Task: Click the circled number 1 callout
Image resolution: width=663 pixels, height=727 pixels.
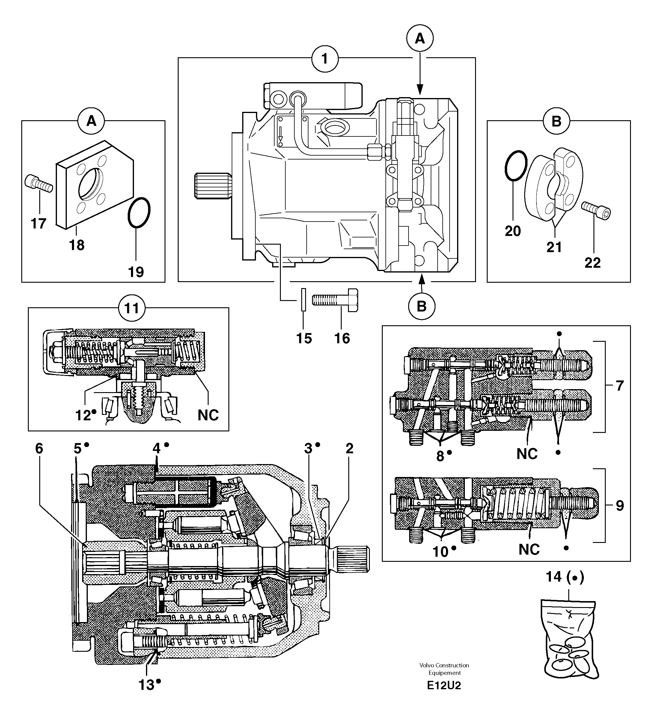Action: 325,58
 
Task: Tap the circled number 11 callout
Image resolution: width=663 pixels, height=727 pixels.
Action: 132,308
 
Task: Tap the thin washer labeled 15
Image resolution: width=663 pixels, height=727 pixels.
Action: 304,299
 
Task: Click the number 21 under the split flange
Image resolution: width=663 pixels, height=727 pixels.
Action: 554,247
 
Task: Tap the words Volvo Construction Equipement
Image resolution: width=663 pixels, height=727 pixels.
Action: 444,669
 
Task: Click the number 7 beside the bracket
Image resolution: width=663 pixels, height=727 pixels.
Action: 619,386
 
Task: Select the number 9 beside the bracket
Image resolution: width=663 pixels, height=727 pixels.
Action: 619,505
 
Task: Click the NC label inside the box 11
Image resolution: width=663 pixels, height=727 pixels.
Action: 208,415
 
